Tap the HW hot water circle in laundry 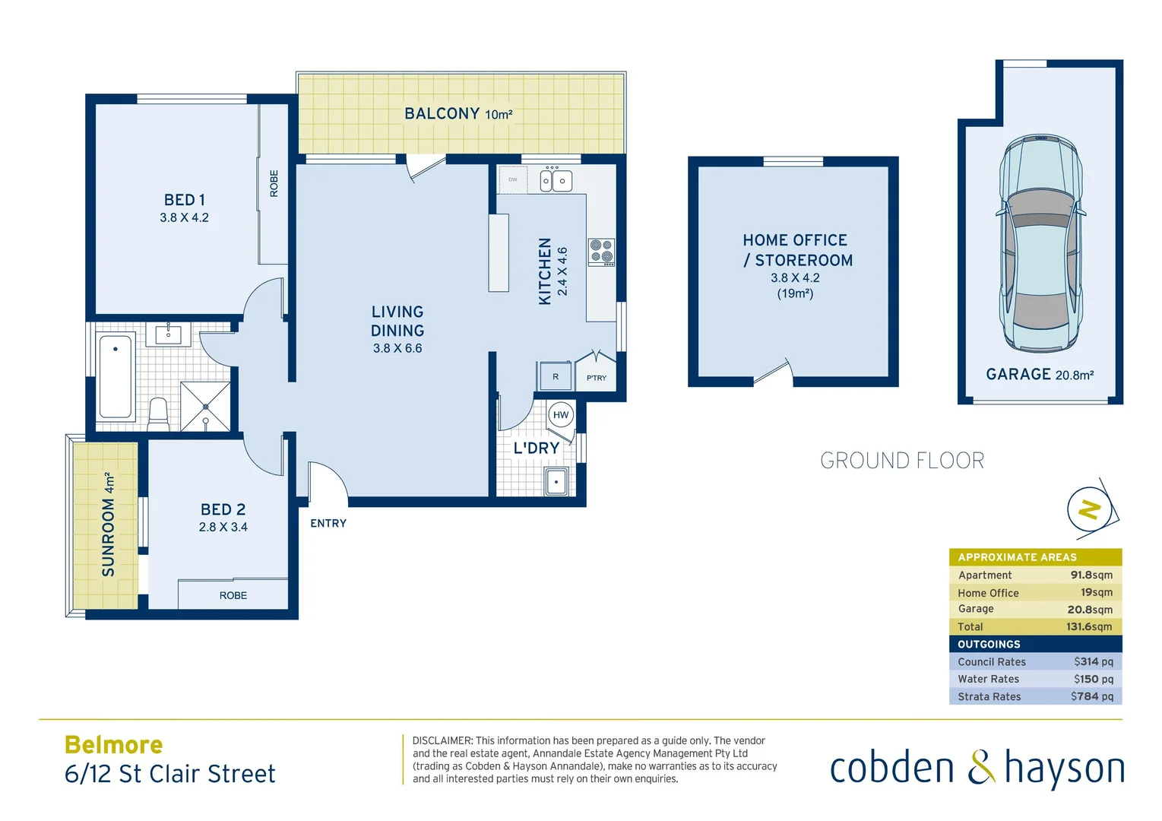pos(561,415)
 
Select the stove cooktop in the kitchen pos(601,252)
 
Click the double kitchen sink pos(556,181)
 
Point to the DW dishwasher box pos(513,180)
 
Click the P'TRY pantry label pos(596,378)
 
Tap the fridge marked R pos(555,376)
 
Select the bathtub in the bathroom pos(116,376)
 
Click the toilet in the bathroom pos(158,413)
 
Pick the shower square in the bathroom pos(205,406)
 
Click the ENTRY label pos(328,524)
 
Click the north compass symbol pos(1091,509)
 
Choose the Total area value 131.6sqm pos(1088,626)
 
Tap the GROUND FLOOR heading pos(902,461)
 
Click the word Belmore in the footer pos(114,745)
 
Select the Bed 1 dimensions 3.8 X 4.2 pos(184,218)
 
